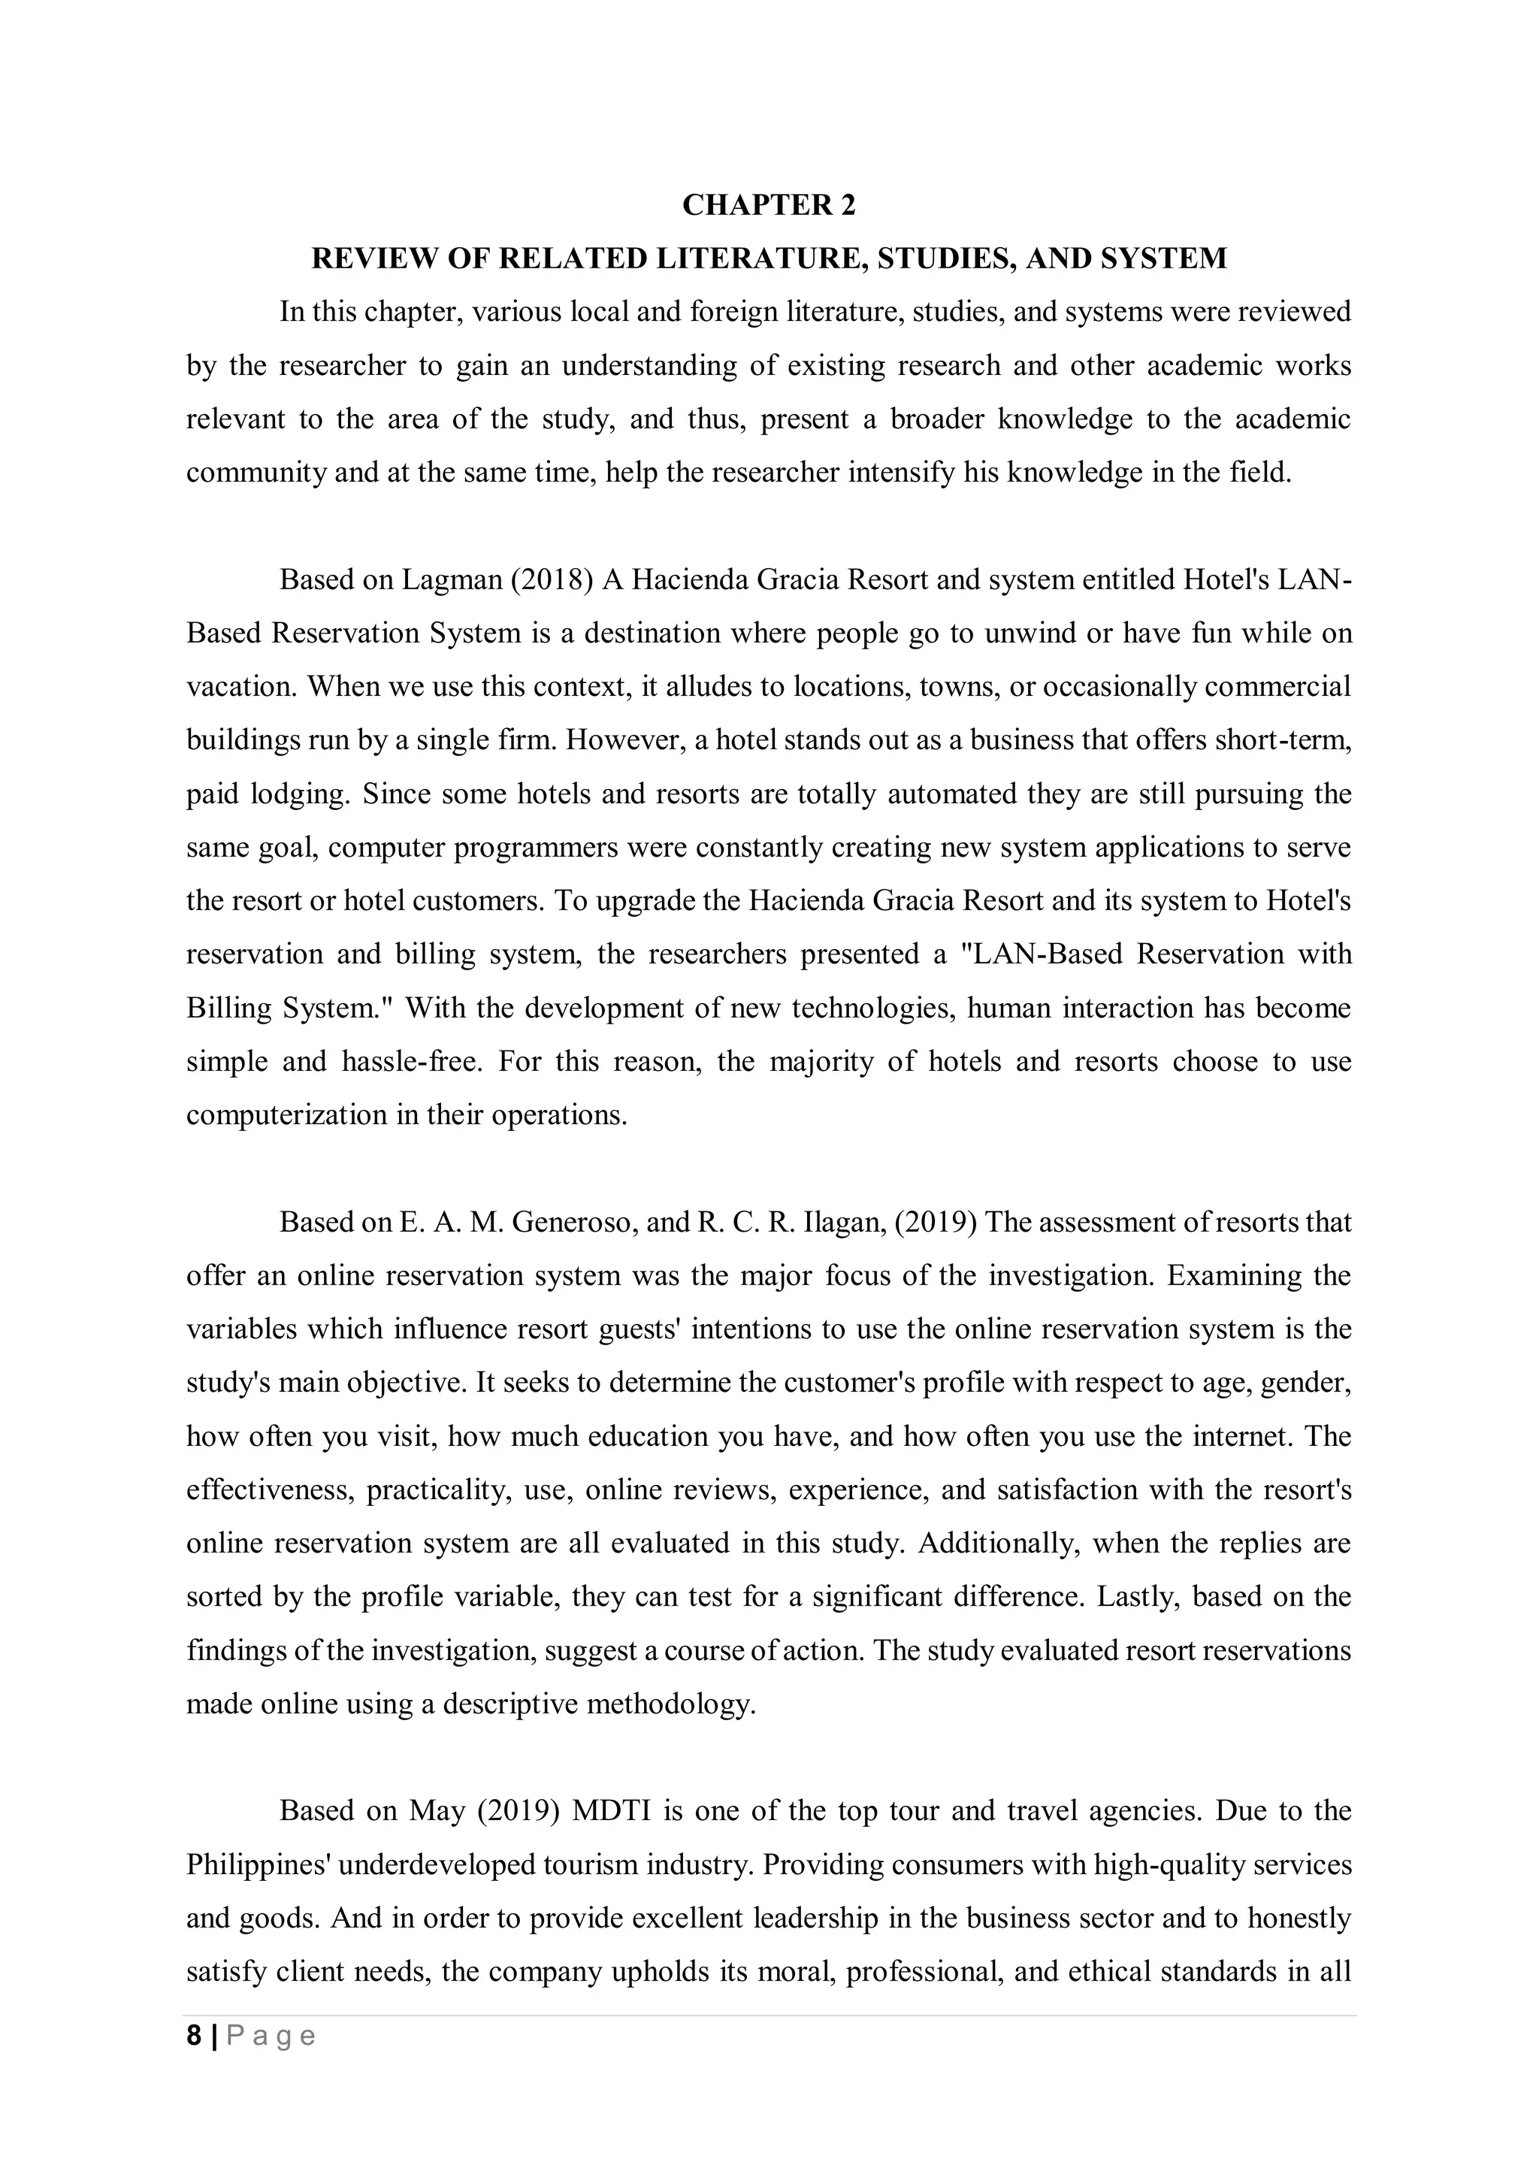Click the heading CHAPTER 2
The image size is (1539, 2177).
click(768, 205)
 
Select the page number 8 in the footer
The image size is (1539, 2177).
click(195, 2036)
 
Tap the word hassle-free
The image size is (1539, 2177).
click(413, 1061)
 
